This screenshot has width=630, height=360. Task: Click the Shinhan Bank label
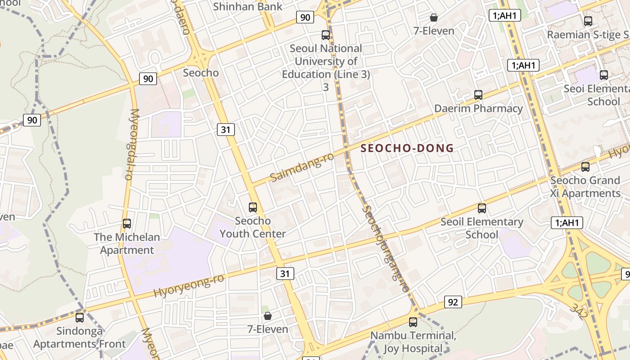click(x=247, y=7)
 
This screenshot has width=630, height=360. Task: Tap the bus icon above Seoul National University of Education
click(x=326, y=35)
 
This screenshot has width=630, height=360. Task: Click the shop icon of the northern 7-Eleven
click(x=434, y=18)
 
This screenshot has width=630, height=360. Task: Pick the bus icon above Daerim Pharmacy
click(x=478, y=95)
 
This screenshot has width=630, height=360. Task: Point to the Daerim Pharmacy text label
click(x=478, y=108)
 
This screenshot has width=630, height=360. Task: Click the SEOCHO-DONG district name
click(x=407, y=148)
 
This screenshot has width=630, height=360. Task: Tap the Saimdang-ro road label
click(x=302, y=167)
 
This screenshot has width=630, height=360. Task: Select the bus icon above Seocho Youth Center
click(x=253, y=207)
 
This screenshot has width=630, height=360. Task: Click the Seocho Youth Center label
click(x=253, y=227)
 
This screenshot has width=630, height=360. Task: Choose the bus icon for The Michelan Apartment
click(x=127, y=224)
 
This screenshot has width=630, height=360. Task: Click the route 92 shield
click(x=453, y=302)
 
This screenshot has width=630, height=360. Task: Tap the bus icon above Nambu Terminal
click(x=413, y=322)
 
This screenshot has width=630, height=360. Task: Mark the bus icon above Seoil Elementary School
click(x=482, y=208)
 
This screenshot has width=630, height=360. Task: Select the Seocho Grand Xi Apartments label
click(x=585, y=187)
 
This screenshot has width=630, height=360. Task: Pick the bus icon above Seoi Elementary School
click(x=604, y=75)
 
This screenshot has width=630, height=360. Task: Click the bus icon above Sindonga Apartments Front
click(x=80, y=317)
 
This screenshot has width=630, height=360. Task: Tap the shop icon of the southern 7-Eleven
click(x=268, y=316)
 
